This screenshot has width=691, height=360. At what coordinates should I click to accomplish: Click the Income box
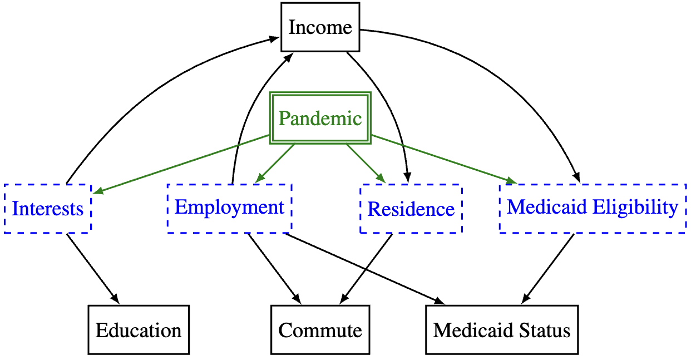(x=320, y=27)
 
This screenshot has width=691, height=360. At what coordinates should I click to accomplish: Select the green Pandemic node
(x=320, y=119)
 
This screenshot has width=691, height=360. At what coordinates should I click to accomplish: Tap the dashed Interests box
(x=47, y=209)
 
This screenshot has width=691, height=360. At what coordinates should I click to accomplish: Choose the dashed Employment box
(x=229, y=208)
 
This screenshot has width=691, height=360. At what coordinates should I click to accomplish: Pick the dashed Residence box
(x=411, y=209)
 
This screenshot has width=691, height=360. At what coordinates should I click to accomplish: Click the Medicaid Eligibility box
(x=593, y=208)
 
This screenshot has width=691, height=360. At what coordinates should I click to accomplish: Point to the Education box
(x=139, y=330)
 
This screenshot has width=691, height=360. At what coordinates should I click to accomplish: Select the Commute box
(x=320, y=330)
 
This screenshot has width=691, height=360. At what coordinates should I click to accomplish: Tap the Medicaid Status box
(x=502, y=330)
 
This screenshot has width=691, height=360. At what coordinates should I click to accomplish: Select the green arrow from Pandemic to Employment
(x=275, y=164)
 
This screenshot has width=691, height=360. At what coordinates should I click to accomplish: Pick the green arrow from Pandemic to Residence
(x=366, y=164)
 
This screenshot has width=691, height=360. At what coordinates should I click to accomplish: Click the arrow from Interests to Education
(x=92, y=267)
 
